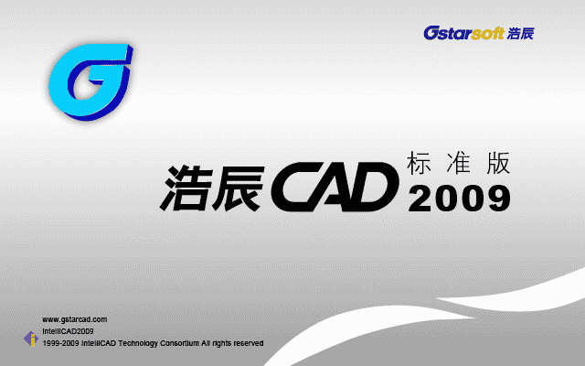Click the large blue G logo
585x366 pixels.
pos(88,81)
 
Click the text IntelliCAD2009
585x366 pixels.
pos(68,330)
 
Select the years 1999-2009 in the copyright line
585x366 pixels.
pos(59,342)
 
